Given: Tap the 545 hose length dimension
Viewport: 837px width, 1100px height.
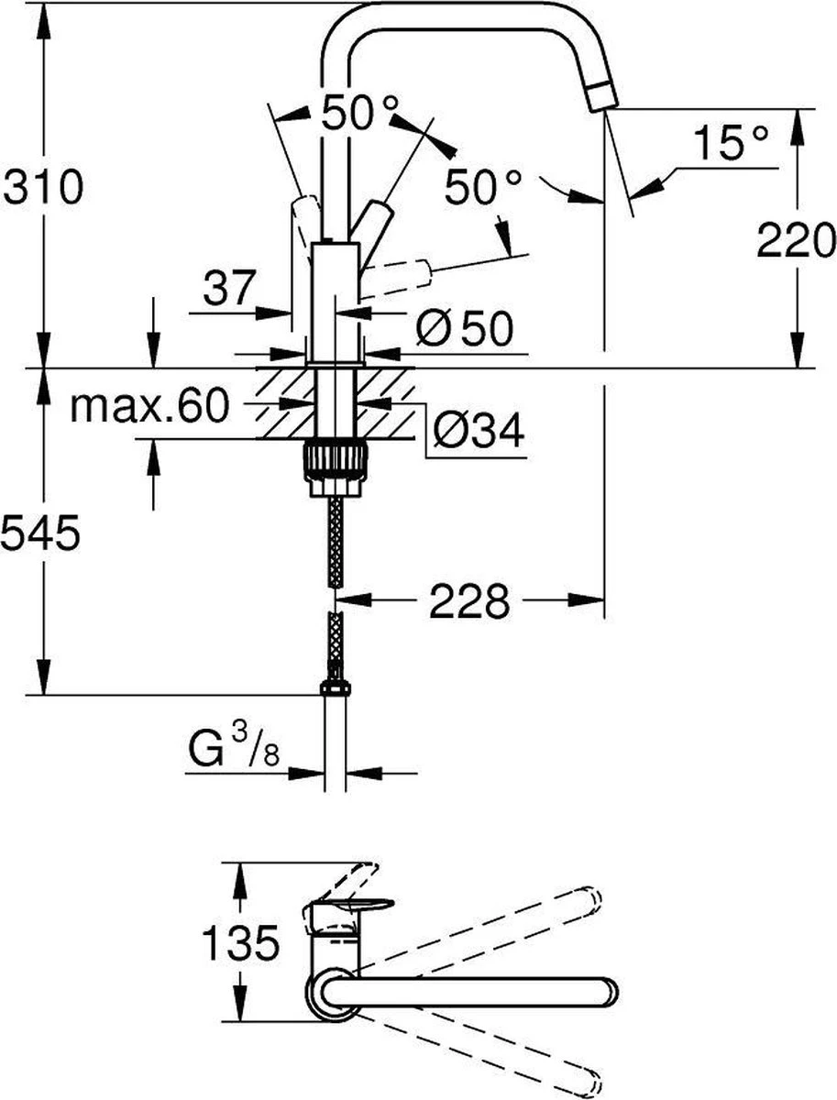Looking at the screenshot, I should coord(40,532).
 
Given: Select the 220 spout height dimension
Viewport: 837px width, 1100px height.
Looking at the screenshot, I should coord(796,241).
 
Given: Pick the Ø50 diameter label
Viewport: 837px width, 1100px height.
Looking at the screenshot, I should coord(462,327).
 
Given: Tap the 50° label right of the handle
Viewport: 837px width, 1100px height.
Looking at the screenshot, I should coord(482,188).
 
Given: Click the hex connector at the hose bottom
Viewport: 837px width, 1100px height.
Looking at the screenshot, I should coord(336,688).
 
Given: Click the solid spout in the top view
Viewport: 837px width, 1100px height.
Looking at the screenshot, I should coord(477,989).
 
